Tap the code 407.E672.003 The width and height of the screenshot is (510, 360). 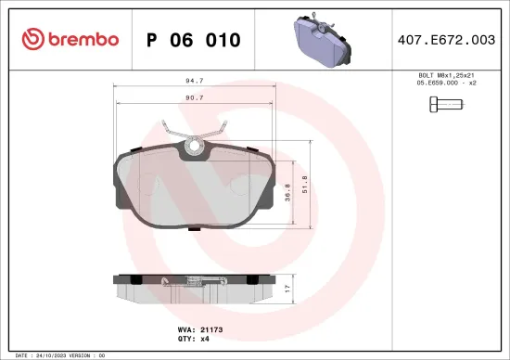coord(448,40)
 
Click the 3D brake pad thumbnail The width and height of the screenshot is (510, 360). coord(322,39)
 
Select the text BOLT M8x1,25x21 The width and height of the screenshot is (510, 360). coord(447,74)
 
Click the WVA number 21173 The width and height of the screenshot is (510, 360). coord(211,329)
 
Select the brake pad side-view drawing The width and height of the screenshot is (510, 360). coord(196,288)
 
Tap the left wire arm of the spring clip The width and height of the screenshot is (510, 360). coord(173,133)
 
